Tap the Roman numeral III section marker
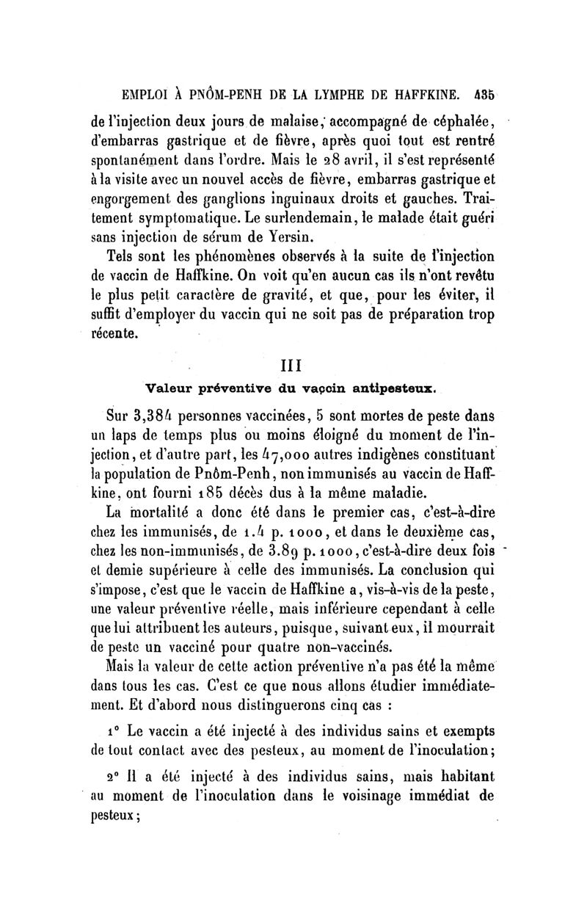pos(291,363)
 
